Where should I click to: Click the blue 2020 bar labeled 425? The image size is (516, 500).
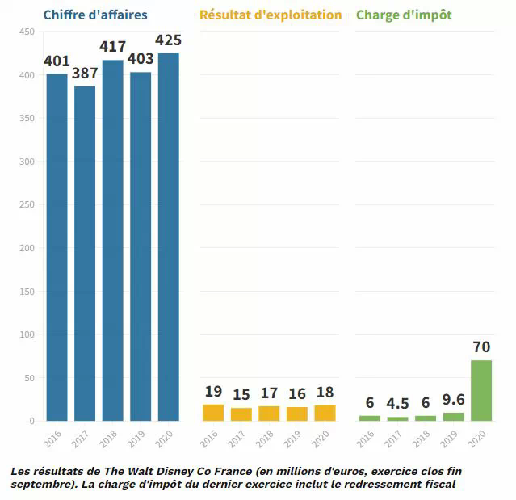169,237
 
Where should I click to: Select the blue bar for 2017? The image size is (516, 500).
85,253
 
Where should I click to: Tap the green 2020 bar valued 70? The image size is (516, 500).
481,390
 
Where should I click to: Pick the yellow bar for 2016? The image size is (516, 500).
213,412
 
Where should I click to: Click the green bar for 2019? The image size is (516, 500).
454,417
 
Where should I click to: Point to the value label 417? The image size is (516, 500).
112,47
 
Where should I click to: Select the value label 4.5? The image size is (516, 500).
397,403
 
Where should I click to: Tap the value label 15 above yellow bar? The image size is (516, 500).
241,395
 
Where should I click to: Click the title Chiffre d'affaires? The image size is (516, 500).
95,15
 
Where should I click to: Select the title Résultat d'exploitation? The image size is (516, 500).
271,15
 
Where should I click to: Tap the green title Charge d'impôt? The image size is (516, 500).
404,15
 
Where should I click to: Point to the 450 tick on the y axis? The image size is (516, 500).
27,32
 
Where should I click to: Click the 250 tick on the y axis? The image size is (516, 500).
27,204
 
